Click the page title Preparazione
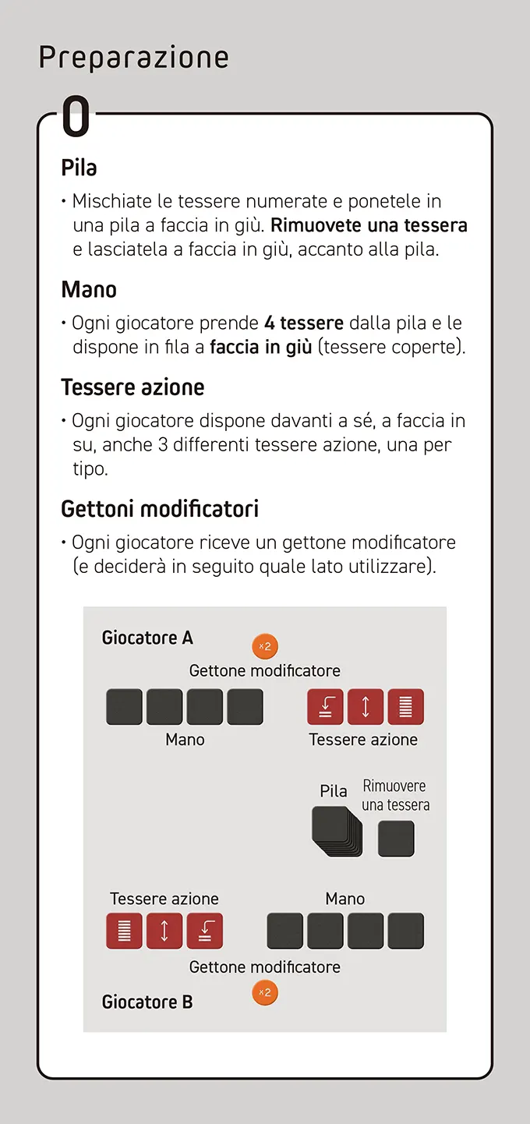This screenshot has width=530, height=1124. point(133,58)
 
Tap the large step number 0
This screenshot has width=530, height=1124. point(76,118)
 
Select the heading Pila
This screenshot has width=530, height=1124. point(79,168)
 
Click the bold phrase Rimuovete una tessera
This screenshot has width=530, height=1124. point(369,226)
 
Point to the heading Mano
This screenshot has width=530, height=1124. point(89,290)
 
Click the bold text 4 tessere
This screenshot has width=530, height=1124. point(304,323)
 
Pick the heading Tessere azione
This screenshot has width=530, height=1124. point(132,387)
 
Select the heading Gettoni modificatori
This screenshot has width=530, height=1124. point(160,510)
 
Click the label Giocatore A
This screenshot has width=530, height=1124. point(147,638)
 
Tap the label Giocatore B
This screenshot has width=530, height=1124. point(147,1002)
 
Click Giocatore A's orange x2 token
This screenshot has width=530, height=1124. point(265,646)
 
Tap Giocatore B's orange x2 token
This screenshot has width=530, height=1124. point(265,992)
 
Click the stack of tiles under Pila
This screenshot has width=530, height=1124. point(337,832)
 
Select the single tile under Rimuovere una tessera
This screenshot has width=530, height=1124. point(396,839)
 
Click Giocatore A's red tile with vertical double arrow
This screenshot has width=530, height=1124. point(366,707)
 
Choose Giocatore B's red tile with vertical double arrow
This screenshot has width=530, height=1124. point(164,931)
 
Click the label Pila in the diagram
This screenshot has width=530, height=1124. point(334,791)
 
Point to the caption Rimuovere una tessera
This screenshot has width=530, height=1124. point(395,795)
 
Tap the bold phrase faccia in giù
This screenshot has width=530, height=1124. point(260,347)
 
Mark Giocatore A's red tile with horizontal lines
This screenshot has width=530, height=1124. point(405,707)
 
